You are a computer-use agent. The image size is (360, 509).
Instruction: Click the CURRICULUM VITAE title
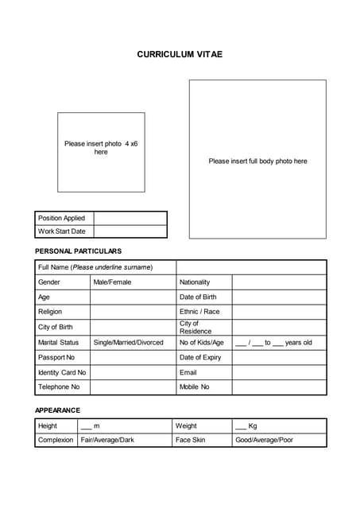pos(180,54)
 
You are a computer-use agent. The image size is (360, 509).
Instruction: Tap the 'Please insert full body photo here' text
pos(257,161)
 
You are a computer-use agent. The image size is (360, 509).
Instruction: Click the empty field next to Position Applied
pos(130,218)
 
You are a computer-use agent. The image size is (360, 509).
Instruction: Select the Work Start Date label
pos(61,231)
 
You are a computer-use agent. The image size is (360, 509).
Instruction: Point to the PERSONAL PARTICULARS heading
pos(78,251)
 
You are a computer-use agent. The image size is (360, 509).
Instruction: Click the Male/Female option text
pos(112,282)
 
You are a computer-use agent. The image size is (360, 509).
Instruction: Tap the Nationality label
pos(195,282)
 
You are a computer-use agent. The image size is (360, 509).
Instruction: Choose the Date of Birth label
pos(198,297)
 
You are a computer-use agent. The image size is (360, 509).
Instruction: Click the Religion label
pos(50,312)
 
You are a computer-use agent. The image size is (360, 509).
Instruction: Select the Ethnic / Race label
pos(199,312)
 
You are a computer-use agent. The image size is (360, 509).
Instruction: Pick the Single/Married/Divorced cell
pos(128,343)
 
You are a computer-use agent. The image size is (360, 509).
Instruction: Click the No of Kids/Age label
pos(202,343)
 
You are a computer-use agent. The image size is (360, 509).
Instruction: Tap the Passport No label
pos(56,358)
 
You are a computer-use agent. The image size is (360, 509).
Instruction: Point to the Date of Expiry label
pos(200,358)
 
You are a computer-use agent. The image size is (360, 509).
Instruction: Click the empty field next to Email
pos(278,372)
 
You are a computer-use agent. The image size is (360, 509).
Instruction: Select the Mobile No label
pos(195,387)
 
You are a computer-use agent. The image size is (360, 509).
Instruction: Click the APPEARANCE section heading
pos(57,410)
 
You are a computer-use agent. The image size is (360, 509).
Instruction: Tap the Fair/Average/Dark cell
pos(107,440)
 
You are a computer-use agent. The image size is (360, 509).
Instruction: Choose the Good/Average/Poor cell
pos(264,440)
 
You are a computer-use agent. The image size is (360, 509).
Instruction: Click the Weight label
pos(186,426)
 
